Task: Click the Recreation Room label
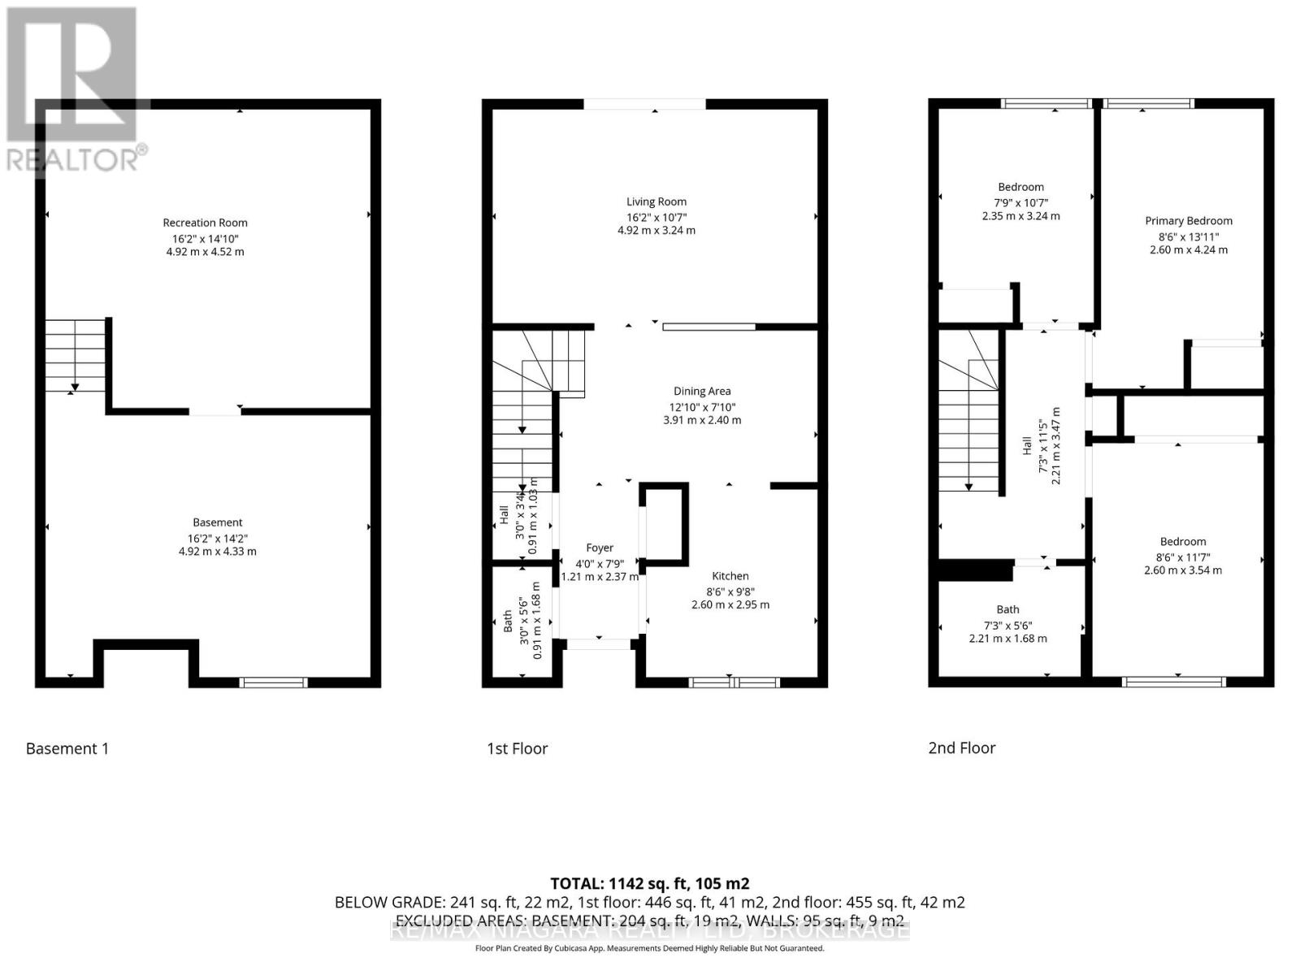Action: click(205, 223)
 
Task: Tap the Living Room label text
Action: click(656, 201)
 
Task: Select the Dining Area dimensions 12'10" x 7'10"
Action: click(702, 406)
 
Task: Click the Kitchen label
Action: click(730, 576)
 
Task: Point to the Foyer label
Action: click(600, 548)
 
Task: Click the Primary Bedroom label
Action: click(1188, 220)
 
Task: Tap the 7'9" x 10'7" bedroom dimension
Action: click(1020, 202)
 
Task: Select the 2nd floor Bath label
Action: click(1007, 609)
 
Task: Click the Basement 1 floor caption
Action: click(67, 748)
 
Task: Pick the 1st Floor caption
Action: click(518, 748)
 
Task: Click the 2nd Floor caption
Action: click(961, 747)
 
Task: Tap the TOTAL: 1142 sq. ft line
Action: click(649, 883)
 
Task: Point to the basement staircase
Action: click(75, 356)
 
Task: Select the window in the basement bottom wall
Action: click(274, 682)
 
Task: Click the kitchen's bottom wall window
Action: click(734, 682)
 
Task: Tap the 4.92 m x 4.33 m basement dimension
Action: click(217, 552)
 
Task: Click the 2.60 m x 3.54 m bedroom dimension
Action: click(1182, 570)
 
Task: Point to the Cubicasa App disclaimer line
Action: click(649, 948)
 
